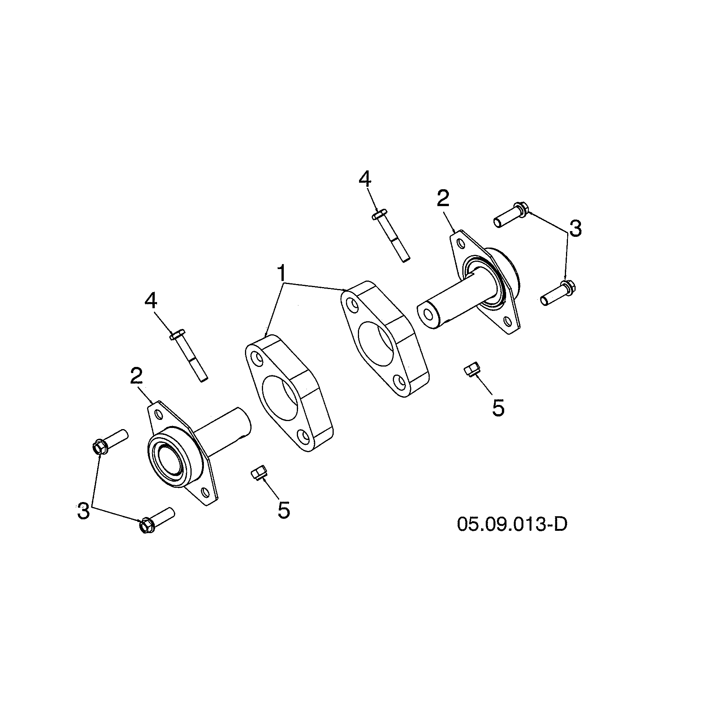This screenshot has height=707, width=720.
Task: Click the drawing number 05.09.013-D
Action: tap(511, 524)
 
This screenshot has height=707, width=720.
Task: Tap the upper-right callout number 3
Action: tap(575, 229)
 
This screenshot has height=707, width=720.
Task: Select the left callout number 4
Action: tap(151, 301)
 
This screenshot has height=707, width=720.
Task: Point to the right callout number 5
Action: tap(498, 408)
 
